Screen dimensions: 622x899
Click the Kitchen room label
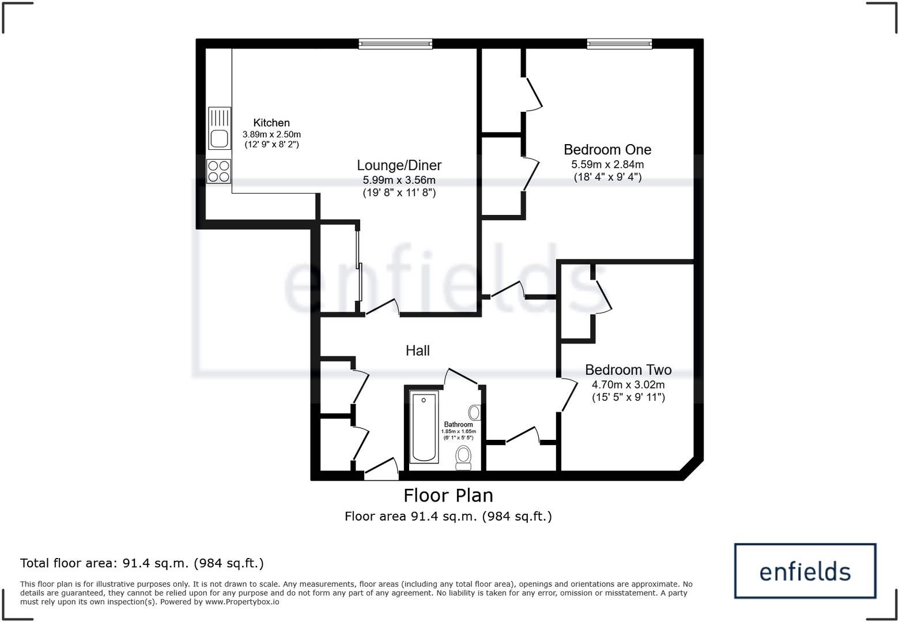click(271, 123)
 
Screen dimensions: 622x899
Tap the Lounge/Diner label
click(399, 165)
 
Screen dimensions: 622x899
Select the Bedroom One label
click(607, 150)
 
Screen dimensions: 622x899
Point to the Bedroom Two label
click(628, 370)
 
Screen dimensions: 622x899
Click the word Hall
click(417, 350)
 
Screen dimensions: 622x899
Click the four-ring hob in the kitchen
click(219, 171)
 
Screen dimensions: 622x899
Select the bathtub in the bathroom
click(424, 427)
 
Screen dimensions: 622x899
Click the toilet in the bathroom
click(463, 458)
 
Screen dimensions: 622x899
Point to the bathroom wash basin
click(475, 412)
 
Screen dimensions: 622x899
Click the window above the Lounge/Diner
click(395, 43)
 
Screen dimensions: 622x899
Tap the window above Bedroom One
click(620, 43)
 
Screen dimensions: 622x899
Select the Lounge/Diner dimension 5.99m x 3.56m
click(399, 180)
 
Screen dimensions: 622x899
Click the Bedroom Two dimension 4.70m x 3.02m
click(628, 385)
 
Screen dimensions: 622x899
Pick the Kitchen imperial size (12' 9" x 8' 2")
click(271, 145)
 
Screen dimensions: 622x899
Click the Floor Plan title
click(448, 496)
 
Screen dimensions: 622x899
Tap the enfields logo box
click(804, 571)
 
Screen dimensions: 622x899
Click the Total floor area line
click(142, 563)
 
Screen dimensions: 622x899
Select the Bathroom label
click(458, 424)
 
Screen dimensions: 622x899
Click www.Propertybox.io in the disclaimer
click(242, 602)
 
